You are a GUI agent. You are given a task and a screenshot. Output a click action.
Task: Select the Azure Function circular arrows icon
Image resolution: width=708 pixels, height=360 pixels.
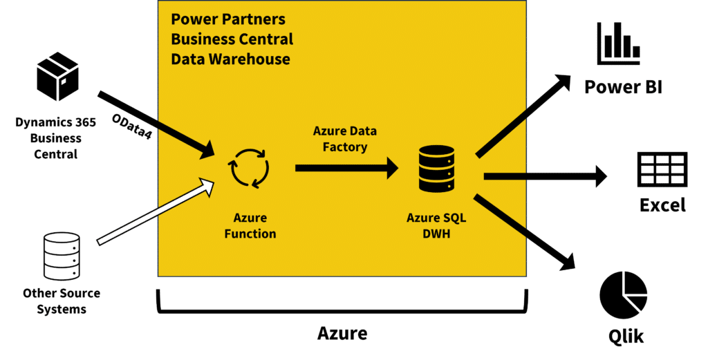(249, 169)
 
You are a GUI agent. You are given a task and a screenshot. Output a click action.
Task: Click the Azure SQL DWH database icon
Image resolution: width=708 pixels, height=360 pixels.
(436, 169)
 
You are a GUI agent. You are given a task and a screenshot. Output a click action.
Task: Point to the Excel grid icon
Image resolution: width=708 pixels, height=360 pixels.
(661, 169)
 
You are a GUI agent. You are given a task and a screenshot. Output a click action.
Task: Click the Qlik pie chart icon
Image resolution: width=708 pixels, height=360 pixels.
(623, 294)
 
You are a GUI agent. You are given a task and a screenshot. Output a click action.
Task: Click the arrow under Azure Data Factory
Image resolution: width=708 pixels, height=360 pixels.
(346, 167)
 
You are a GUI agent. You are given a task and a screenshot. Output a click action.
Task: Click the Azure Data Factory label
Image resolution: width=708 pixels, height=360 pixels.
(345, 138)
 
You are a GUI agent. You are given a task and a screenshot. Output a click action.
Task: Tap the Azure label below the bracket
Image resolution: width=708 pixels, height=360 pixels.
(342, 334)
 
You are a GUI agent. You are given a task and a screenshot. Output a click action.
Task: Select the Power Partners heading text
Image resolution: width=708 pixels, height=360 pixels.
(232, 39)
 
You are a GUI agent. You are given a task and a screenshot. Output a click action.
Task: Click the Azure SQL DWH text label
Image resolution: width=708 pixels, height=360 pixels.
(436, 225)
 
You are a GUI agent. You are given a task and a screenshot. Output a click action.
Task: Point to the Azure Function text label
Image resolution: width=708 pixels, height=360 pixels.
(250, 225)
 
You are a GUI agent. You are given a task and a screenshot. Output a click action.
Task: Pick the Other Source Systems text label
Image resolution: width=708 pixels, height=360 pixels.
(61, 301)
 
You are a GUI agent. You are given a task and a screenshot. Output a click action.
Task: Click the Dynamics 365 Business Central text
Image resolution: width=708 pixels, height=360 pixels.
(56, 138)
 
